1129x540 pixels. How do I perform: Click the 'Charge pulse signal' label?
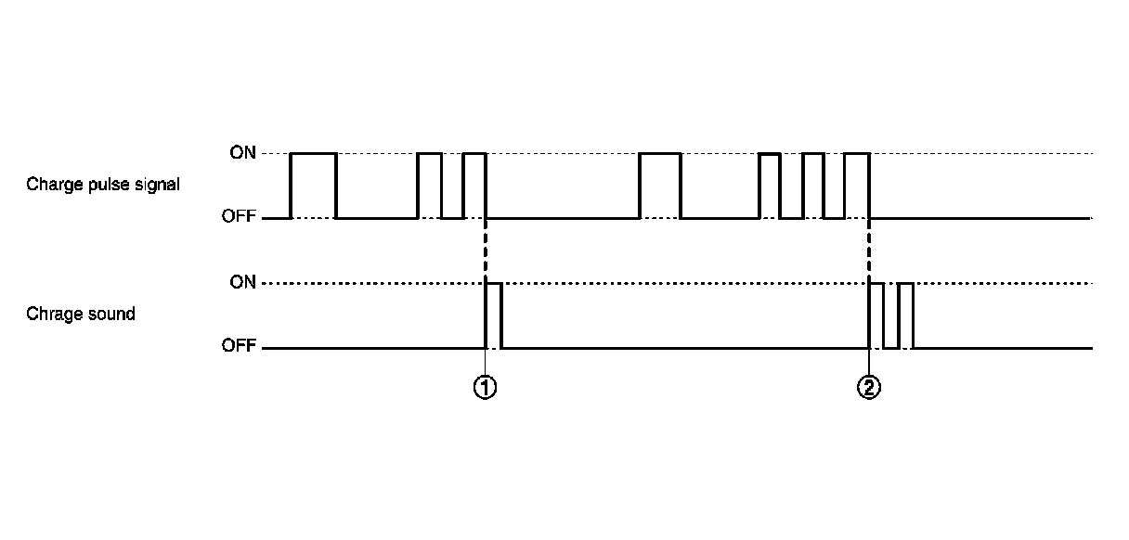click(103, 185)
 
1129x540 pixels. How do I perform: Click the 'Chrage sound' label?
click(81, 315)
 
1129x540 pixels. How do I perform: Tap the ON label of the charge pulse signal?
click(243, 153)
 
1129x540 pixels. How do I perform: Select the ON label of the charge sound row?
click(243, 282)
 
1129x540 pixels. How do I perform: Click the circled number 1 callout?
click(485, 388)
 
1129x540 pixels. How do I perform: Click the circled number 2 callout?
click(868, 388)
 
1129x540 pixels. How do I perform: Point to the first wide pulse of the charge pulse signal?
click(314, 186)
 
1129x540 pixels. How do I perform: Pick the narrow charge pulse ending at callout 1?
click(474, 186)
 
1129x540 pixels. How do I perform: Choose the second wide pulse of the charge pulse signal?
click(660, 186)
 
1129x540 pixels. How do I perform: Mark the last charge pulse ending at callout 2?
click(856, 186)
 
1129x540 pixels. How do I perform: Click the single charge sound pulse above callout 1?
click(494, 315)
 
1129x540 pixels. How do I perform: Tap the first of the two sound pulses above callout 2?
click(876, 315)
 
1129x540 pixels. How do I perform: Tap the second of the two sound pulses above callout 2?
click(906, 315)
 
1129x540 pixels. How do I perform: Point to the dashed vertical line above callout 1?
click(486, 251)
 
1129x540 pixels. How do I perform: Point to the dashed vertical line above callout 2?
click(868, 251)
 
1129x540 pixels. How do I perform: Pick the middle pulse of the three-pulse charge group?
click(813, 186)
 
